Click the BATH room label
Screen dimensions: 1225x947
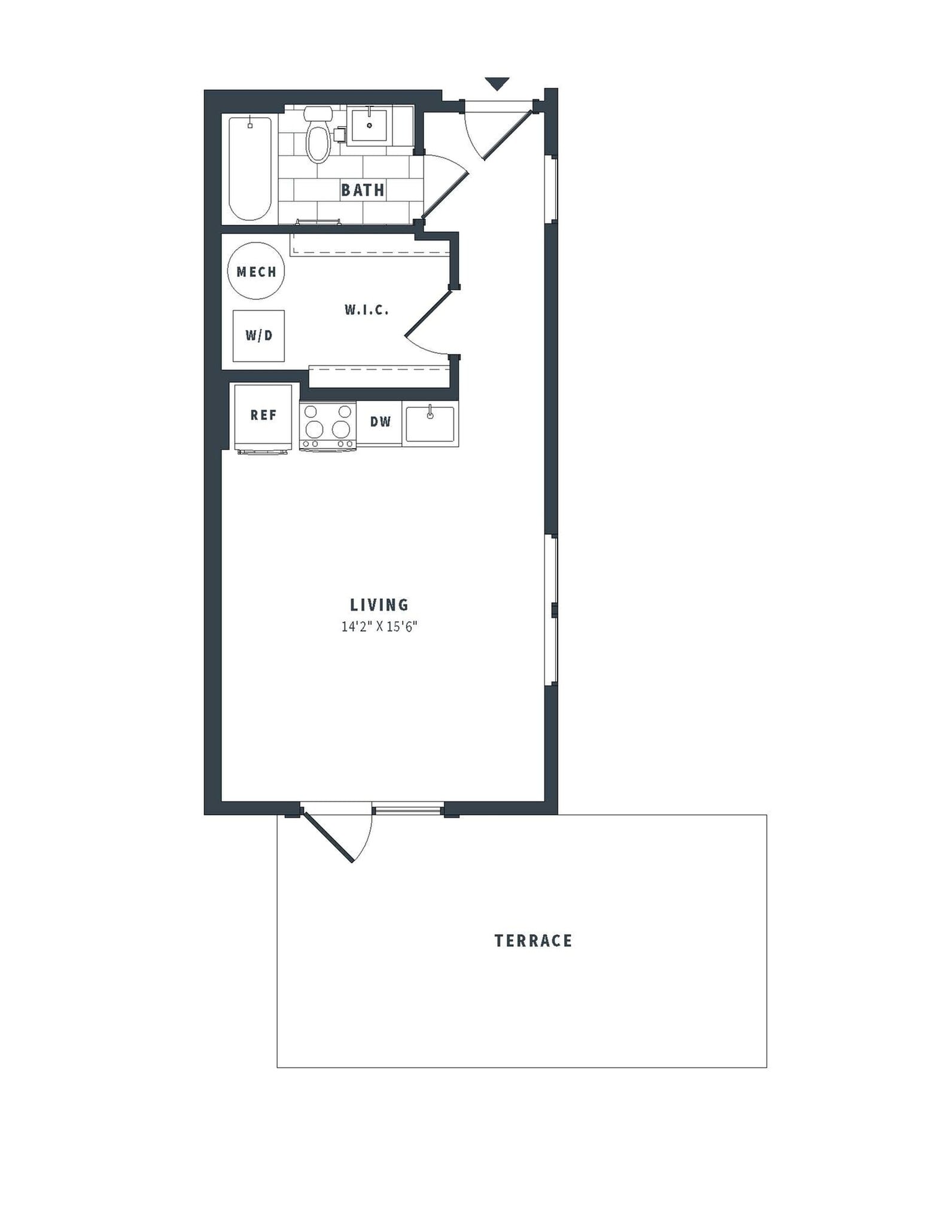(x=363, y=190)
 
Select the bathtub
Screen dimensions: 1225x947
(x=250, y=168)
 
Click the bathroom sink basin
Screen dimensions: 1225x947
(x=369, y=125)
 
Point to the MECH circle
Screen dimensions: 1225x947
(x=256, y=272)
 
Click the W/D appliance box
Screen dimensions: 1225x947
(x=258, y=336)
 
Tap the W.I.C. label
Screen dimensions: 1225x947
(x=367, y=310)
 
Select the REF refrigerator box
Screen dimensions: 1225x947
(x=263, y=415)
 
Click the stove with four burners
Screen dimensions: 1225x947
(x=327, y=425)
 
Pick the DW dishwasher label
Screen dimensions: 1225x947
(x=380, y=422)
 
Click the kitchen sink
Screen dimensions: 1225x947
(x=430, y=423)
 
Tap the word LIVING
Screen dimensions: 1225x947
(x=379, y=605)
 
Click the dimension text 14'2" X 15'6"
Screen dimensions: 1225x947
(x=379, y=627)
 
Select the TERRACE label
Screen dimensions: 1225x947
(x=533, y=941)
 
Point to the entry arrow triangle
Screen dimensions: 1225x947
(x=497, y=83)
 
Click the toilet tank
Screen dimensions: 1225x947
(x=318, y=113)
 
